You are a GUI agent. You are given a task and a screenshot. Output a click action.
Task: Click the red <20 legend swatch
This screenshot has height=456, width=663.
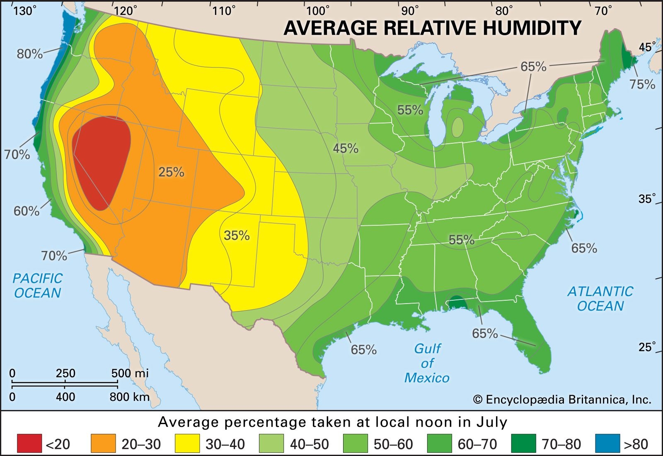(29, 444)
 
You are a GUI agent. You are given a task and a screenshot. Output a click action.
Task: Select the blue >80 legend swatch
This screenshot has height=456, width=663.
(607, 444)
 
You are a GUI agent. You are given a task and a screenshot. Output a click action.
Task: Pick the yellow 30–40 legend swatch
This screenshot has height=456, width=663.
(187, 444)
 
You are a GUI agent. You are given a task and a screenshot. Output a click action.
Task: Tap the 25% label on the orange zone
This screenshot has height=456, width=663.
(171, 172)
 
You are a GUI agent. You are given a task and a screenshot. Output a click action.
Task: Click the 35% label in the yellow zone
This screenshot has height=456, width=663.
(237, 236)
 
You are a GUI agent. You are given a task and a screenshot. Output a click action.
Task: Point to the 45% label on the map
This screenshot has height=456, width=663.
(346, 148)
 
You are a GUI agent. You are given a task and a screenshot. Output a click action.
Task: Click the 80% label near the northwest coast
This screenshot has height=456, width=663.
(29, 54)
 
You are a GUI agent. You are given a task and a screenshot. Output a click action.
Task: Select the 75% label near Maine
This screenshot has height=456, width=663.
(642, 84)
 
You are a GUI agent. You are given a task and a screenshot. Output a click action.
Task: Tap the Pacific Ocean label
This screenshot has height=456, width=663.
(37, 286)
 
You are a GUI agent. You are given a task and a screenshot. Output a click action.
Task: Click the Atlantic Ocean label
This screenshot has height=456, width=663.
(600, 299)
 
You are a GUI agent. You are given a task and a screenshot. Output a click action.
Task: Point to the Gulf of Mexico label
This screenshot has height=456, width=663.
(427, 363)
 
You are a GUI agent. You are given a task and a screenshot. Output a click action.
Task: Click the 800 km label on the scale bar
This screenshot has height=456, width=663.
(129, 397)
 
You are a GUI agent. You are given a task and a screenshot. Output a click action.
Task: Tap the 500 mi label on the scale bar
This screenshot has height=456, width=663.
(130, 373)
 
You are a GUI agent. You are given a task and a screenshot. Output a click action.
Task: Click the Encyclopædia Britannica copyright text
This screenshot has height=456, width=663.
(562, 400)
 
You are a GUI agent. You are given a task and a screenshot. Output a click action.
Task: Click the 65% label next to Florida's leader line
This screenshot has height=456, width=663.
(485, 333)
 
